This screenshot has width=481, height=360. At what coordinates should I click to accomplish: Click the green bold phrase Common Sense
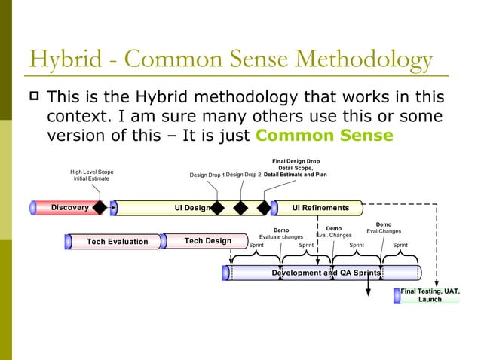(324, 136)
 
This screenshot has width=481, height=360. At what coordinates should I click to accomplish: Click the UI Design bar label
(191, 208)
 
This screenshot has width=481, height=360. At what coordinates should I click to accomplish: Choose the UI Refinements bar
(320, 208)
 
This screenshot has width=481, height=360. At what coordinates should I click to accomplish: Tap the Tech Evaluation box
(117, 242)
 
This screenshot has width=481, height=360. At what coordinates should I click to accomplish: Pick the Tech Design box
(207, 241)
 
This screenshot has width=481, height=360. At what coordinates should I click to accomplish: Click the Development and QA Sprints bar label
(326, 273)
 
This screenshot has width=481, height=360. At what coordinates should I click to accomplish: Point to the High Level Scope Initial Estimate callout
(92, 175)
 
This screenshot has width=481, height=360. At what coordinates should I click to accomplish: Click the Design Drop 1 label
(206, 175)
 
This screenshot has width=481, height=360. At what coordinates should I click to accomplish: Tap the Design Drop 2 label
(244, 175)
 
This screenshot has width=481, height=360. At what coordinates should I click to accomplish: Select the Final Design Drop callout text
(296, 168)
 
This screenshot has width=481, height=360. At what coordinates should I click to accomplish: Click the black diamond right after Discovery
(100, 208)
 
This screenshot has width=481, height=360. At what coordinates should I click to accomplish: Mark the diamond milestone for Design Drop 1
(217, 208)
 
